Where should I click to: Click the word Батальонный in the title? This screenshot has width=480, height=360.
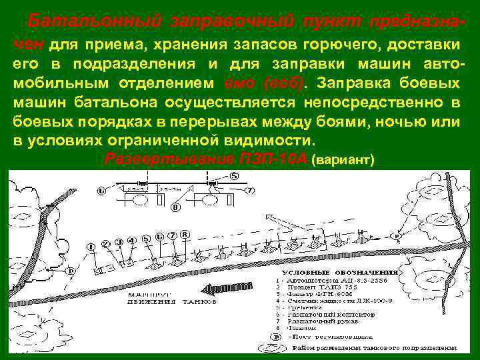click(94, 21)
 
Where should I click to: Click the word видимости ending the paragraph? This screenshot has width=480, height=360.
click(274, 142)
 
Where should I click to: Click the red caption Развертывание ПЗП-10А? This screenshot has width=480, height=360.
click(207, 160)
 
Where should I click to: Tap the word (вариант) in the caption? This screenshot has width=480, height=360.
click(344, 161)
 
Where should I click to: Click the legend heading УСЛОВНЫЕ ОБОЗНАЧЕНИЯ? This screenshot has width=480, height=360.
click(340, 272)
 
